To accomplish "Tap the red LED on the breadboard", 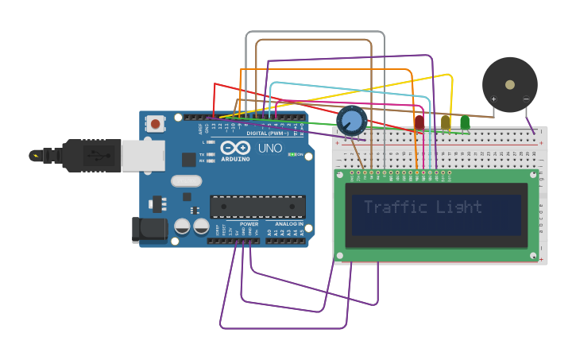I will (419, 122).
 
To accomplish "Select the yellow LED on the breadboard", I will (446, 122).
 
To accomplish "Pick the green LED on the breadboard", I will (465, 122).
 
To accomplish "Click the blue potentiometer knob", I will (351, 121).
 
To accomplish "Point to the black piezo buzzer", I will (509, 84).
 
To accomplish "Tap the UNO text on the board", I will (270, 148).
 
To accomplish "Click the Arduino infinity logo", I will (236, 148).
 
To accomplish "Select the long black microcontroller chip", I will (257, 207).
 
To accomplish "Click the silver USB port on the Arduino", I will (143, 155).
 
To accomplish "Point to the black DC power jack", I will (149, 230).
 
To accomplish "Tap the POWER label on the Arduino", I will (249, 224).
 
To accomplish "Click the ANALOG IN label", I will (288, 224).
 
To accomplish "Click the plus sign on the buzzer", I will (493, 99).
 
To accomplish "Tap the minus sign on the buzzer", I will (525, 99).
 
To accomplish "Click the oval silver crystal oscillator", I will (187, 181).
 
